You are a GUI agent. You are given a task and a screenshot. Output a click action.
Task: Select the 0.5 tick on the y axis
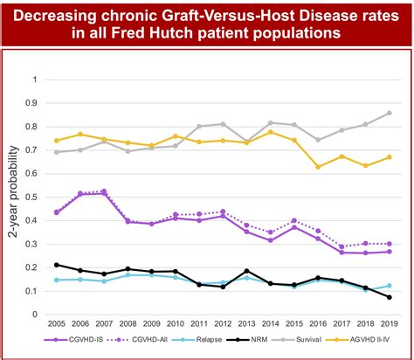34,197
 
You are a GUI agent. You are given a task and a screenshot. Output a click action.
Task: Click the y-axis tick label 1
36,80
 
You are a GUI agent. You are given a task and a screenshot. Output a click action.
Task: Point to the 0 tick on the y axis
36,315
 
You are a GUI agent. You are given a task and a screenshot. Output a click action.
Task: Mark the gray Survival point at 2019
389,113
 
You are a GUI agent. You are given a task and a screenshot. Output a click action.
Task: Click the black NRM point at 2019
389,297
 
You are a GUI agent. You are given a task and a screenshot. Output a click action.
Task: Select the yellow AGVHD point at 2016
318,167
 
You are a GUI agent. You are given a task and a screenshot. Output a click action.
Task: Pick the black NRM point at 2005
57,265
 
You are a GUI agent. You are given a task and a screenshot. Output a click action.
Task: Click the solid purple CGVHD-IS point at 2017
342,253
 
